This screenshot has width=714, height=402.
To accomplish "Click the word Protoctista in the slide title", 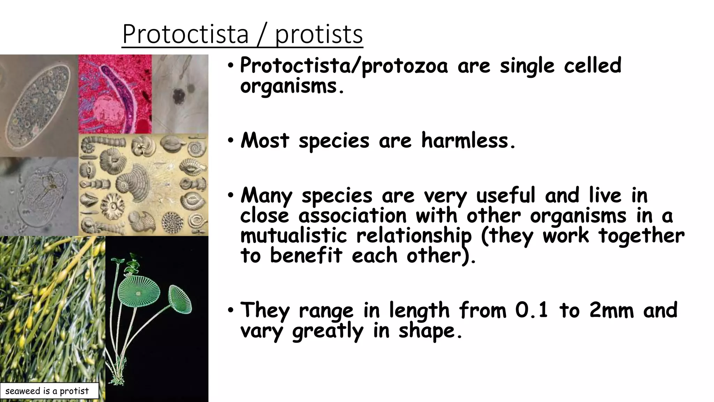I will tap(185, 34).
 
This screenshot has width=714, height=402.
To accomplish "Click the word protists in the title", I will tap(319, 35).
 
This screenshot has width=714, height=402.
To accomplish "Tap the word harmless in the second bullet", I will tap(468, 140).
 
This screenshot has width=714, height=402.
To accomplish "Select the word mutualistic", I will tap(294, 235).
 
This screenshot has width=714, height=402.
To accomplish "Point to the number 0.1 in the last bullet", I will tap(532, 310).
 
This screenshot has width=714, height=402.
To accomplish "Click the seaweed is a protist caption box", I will tap(49, 391).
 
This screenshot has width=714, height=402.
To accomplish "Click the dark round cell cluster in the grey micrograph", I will tap(179, 95).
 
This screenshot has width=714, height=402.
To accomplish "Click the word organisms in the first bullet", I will tap(289, 86).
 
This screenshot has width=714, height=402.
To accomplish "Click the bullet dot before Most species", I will tap(230, 141).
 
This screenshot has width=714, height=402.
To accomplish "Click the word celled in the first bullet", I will tap(592, 65).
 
